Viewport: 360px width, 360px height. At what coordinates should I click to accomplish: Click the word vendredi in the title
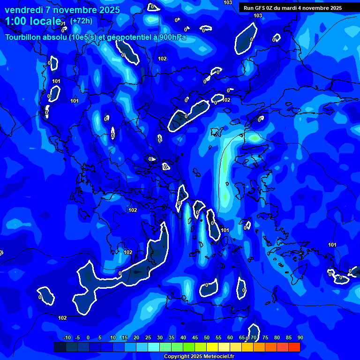[x=24, y=10]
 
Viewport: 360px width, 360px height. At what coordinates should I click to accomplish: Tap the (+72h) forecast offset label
[x=81, y=21]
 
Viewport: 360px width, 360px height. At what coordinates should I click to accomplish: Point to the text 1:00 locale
[x=33, y=21]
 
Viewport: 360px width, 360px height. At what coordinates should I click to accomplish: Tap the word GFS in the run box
[x=260, y=8]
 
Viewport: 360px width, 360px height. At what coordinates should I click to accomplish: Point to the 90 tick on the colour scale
[x=300, y=338]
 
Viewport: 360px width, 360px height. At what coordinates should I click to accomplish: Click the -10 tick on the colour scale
[x=67, y=338]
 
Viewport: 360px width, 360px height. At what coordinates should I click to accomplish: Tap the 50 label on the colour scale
[x=207, y=338]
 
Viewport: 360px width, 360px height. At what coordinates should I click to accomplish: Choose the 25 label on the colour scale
[x=148, y=338]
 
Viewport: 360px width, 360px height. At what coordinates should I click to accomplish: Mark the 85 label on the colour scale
[x=289, y=338]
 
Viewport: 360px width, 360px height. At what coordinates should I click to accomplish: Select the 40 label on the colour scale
[x=183, y=338]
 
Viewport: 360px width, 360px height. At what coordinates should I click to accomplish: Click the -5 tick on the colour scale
[x=77, y=338]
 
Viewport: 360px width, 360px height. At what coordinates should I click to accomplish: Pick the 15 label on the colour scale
[x=125, y=338]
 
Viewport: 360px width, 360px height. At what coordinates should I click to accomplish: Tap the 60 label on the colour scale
[x=230, y=338]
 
